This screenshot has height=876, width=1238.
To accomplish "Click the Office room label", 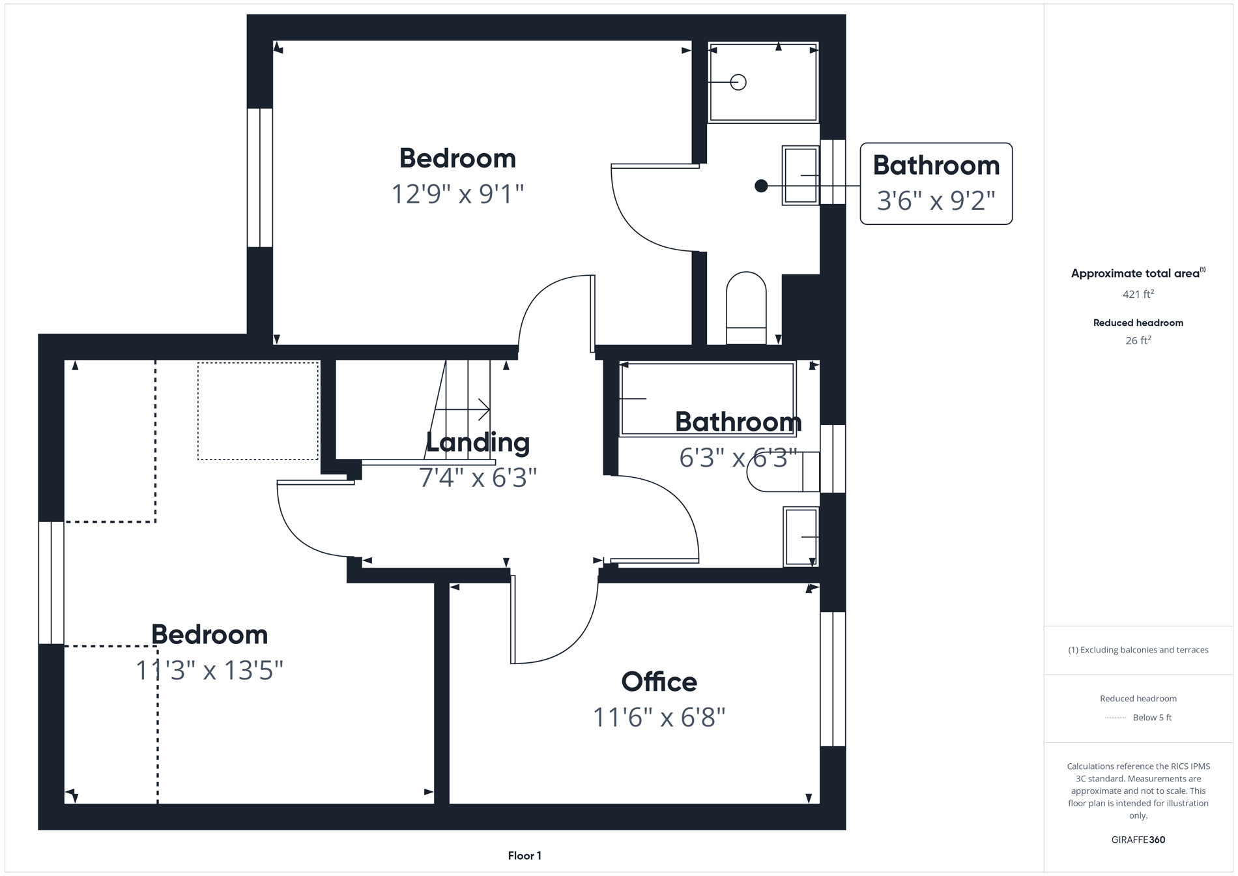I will [659, 682].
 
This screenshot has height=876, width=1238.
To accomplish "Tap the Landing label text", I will [478, 442].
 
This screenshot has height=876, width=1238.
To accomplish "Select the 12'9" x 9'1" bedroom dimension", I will [457, 194].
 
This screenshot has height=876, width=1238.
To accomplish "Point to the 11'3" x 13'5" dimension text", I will [209, 670].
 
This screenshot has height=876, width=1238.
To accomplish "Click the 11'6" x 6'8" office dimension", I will [659, 718].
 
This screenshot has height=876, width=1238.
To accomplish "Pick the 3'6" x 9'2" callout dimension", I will [936, 201].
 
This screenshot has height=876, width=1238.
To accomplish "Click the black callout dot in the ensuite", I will [760, 186].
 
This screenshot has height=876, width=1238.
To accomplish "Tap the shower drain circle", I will [738, 82].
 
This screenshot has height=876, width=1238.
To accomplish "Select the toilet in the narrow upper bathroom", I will [746, 306].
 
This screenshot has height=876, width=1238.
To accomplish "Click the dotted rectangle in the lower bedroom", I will [258, 411].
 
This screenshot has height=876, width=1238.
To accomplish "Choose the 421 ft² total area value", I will [1138, 294].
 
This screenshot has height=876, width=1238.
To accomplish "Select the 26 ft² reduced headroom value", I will [1138, 340].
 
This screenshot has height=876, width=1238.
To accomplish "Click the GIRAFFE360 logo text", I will [1138, 839].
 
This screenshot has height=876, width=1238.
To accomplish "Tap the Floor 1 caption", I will [525, 856].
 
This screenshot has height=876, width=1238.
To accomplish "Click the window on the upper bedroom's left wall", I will [259, 177].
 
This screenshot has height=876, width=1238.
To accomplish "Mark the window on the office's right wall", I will [832, 678].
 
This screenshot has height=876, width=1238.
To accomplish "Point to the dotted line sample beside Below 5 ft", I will [1116, 718].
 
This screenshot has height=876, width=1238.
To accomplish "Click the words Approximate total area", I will [1135, 274].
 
